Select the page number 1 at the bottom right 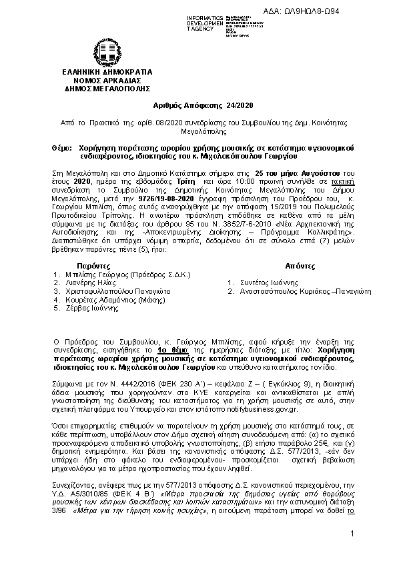(x=351, y=536)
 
